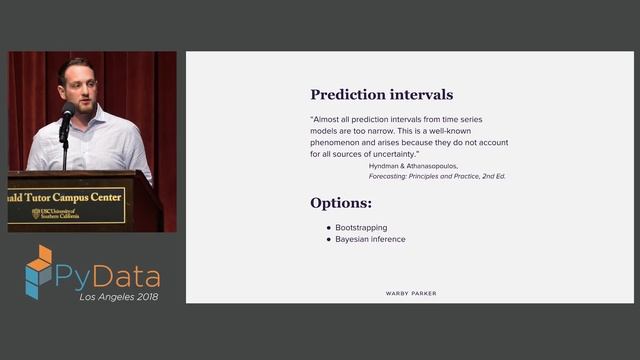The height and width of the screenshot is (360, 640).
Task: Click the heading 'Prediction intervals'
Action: [x=381, y=95]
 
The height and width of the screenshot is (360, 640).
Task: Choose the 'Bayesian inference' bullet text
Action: [x=371, y=240]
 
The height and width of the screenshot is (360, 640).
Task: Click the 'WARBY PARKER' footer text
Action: [x=411, y=293]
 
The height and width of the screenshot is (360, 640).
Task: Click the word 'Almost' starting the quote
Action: [x=328, y=118]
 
